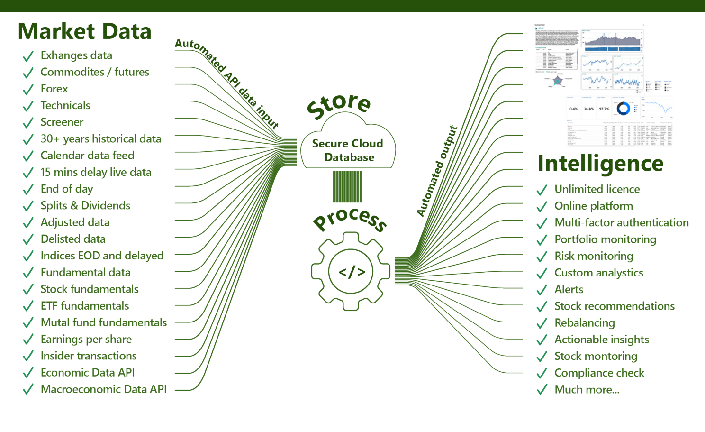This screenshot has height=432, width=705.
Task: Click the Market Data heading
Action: (84, 31)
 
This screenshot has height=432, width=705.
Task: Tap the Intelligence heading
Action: (600, 164)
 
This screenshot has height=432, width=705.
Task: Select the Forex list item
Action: (54, 89)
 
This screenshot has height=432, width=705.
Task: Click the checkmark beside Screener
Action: (28, 123)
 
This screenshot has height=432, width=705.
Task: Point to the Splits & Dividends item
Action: (85, 206)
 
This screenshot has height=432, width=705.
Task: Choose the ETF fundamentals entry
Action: (85, 306)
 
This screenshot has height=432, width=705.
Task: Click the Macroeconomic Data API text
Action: (104, 389)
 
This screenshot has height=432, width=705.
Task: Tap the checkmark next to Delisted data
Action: (28, 239)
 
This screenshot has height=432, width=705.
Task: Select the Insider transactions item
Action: (89, 356)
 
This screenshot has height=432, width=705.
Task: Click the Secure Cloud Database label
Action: (348, 150)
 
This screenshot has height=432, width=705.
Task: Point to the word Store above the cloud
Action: (339, 105)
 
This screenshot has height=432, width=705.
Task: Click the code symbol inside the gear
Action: (352, 272)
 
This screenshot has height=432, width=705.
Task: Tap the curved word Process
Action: (351, 218)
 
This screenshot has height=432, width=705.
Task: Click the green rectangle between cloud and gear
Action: (347, 187)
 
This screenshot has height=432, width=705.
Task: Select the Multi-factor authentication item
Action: (622, 223)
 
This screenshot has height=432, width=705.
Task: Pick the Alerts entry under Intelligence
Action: (569, 290)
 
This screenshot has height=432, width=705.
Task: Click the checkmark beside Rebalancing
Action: (542, 324)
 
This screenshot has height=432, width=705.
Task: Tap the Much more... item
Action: (587, 390)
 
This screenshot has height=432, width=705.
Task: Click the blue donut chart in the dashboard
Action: (623, 109)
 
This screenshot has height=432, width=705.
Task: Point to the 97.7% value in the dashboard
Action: (604, 109)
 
